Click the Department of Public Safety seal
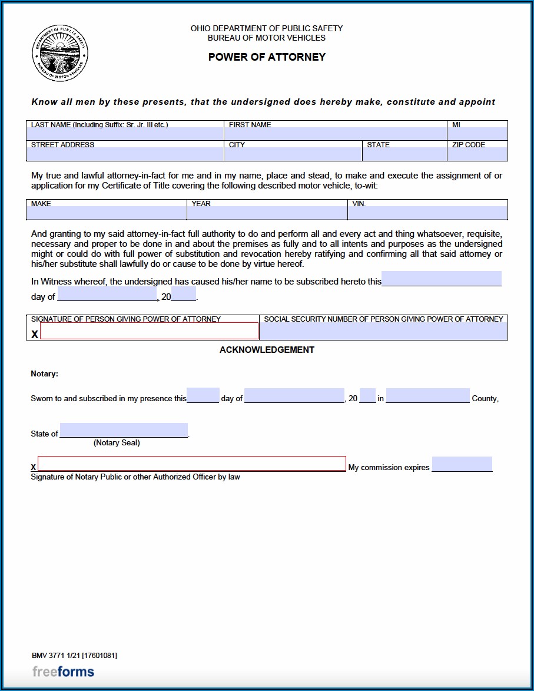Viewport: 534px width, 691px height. pyautogui.click(x=60, y=54)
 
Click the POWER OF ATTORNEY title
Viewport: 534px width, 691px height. pyautogui.click(x=267, y=57)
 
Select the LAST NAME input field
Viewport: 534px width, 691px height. pyautogui.click(x=125, y=134)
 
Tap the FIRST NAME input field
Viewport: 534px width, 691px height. pyautogui.click(x=336, y=134)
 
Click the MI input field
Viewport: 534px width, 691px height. pyautogui.click(x=477, y=134)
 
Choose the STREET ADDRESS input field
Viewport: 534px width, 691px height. pyautogui.click(x=125, y=154)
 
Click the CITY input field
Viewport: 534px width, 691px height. pyautogui.click(x=293, y=154)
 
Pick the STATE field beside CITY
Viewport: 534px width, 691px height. pyautogui.click(x=404, y=154)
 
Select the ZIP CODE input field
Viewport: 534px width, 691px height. pyautogui.click(x=477, y=154)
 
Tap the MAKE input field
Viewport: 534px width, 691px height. pyautogui.click(x=107, y=213)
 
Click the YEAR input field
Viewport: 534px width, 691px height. pyautogui.click(x=267, y=213)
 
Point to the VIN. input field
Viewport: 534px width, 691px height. pyautogui.click(x=427, y=213)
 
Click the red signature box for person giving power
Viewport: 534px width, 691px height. pyautogui.click(x=149, y=331)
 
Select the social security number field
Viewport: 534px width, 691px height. pyautogui.click(x=383, y=332)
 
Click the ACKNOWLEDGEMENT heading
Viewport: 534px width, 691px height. pyautogui.click(x=267, y=350)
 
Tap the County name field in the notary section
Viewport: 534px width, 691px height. pyautogui.click(x=428, y=396)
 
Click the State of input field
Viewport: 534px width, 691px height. pyautogui.click(x=124, y=431)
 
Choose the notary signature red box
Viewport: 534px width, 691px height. pyautogui.click(x=192, y=464)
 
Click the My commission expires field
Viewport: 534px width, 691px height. pyautogui.click(x=462, y=464)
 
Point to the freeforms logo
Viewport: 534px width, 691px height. pyautogui.click(x=63, y=672)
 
